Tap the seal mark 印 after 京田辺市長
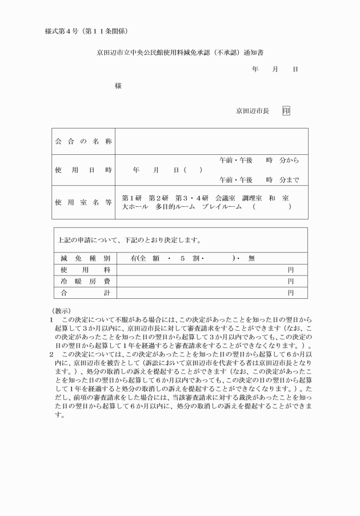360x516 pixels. tap(286, 111)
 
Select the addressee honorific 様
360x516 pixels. tap(118, 86)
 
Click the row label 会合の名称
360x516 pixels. tap(83, 141)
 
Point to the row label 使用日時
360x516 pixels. tap(83, 170)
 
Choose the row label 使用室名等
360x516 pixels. tap(83, 202)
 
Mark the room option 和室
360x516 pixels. tap(280, 198)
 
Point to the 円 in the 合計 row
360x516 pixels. tap(290, 293)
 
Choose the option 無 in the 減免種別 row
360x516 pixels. tap(251, 258)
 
